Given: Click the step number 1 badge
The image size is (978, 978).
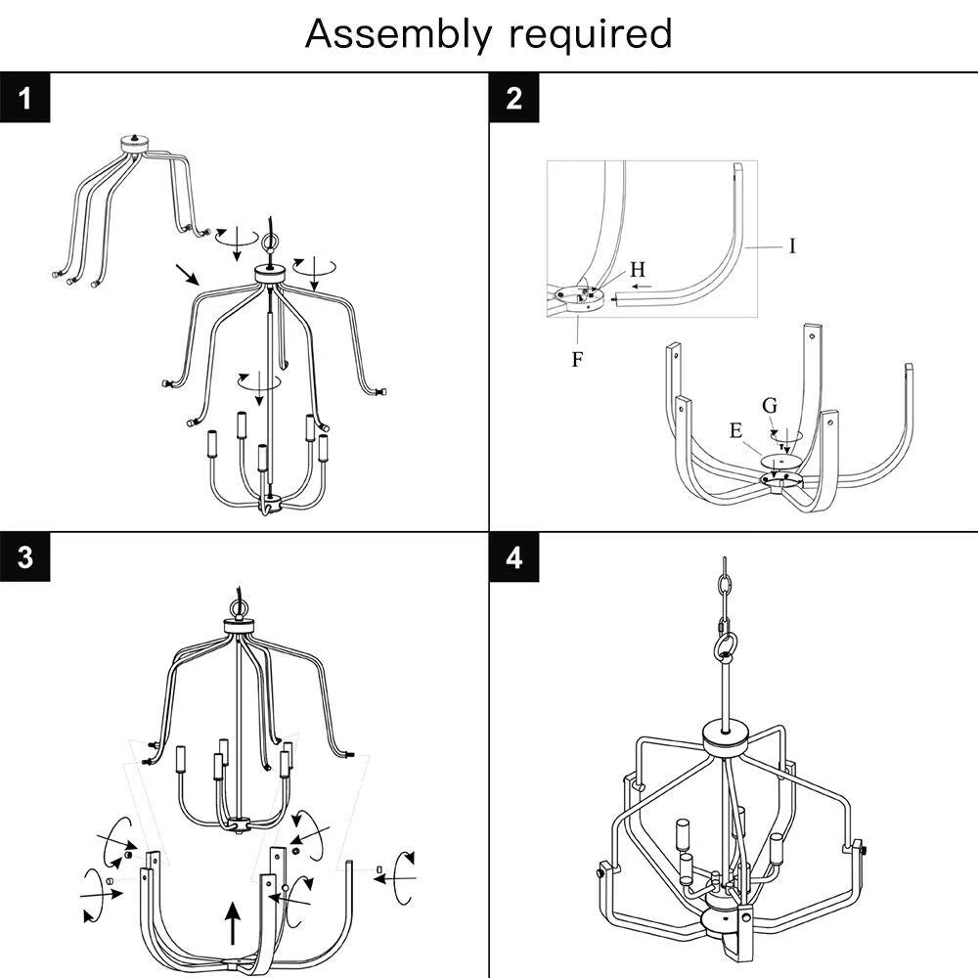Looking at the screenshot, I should pyautogui.click(x=24, y=98).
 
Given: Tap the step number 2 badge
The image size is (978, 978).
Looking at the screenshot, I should pyautogui.click(x=514, y=98).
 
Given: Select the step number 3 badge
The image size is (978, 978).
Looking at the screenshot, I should pyautogui.click(x=24, y=556).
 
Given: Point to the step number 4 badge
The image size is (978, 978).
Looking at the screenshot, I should pyautogui.click(x=514, y=556).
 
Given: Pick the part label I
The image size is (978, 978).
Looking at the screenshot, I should pyautogui.click(x=792, y=245).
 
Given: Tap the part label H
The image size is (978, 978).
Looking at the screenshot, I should pyautogui.click(x=638, y=268).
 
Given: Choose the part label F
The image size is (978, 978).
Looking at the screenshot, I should pyautogui.click(x=577, y=359).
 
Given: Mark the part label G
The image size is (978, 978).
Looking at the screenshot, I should pyautogui.click(x=770, y=405).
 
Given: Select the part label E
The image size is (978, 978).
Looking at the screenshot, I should pyautogui.click(x=735, y=430).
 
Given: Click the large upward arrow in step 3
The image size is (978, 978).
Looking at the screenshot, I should pyautogui.click(x=232, y=922).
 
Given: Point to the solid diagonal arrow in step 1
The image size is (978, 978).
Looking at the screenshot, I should pyautogui.click(x=186, y=273).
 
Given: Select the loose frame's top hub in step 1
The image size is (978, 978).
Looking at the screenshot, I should pyautogui.click(x=133, y=143).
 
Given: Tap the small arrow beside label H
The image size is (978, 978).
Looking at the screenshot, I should pyautogui.click(x=641, y=287).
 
